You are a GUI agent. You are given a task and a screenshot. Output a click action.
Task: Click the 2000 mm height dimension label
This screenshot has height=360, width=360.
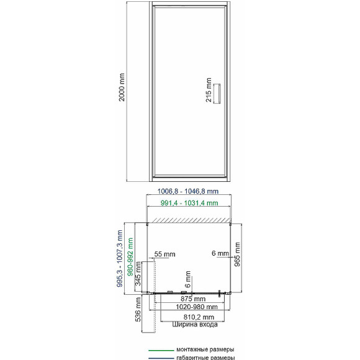pos(122,88)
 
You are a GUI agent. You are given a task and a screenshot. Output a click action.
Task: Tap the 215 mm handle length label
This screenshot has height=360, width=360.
pos(208,90)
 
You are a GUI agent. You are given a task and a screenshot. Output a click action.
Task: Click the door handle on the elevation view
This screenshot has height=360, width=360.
pos(217,94)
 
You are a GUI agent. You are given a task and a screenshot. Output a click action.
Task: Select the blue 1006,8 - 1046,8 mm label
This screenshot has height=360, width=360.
pos(188,191)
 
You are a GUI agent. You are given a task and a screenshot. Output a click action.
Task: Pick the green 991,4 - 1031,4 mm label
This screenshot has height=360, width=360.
pos(189,203)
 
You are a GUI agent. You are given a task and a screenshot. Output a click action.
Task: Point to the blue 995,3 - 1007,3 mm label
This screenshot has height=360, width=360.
pos(119,259)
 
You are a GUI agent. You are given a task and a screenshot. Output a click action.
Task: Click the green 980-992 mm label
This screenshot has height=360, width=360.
pos(130,257)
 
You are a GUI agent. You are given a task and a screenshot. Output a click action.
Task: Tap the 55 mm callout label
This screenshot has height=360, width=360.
pos(164,254)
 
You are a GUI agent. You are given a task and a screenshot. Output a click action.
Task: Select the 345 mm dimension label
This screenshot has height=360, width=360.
pos(138,274)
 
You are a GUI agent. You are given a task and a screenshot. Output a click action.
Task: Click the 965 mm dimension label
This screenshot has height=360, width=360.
pos(237,254)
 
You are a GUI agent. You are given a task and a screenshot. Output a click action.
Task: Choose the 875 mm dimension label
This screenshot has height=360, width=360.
pos(193,299)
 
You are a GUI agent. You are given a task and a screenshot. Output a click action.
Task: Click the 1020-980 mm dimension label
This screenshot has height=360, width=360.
pos(197,307)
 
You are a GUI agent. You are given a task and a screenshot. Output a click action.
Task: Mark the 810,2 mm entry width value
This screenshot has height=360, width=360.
pos(199,317)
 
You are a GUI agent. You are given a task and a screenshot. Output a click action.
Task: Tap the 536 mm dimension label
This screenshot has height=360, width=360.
pos(138,309)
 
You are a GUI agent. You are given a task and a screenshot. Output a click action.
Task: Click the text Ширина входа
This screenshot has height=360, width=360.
pos(195,325)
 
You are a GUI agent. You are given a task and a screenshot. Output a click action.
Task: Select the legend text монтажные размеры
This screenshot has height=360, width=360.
pos(205,349)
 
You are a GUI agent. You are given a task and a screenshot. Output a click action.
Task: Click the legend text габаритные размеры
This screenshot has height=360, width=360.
pos(205,358)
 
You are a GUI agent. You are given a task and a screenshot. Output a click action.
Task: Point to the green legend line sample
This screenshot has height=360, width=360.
pos(161,350)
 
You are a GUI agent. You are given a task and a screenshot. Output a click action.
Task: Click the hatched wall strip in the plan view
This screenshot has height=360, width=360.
pos(189,220)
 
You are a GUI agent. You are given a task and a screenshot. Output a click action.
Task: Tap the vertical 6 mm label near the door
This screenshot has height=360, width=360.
pos(188,279)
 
